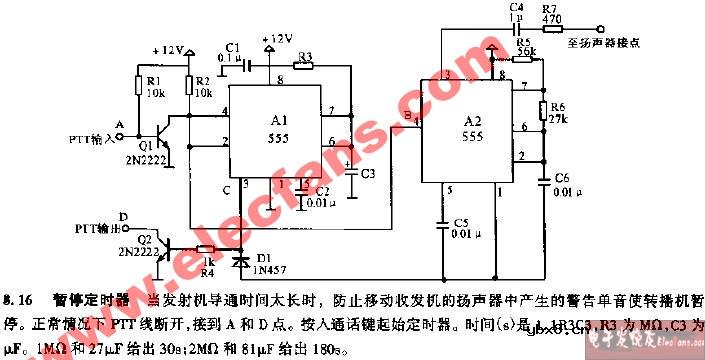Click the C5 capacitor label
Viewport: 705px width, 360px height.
460,222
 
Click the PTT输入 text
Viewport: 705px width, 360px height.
91,138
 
